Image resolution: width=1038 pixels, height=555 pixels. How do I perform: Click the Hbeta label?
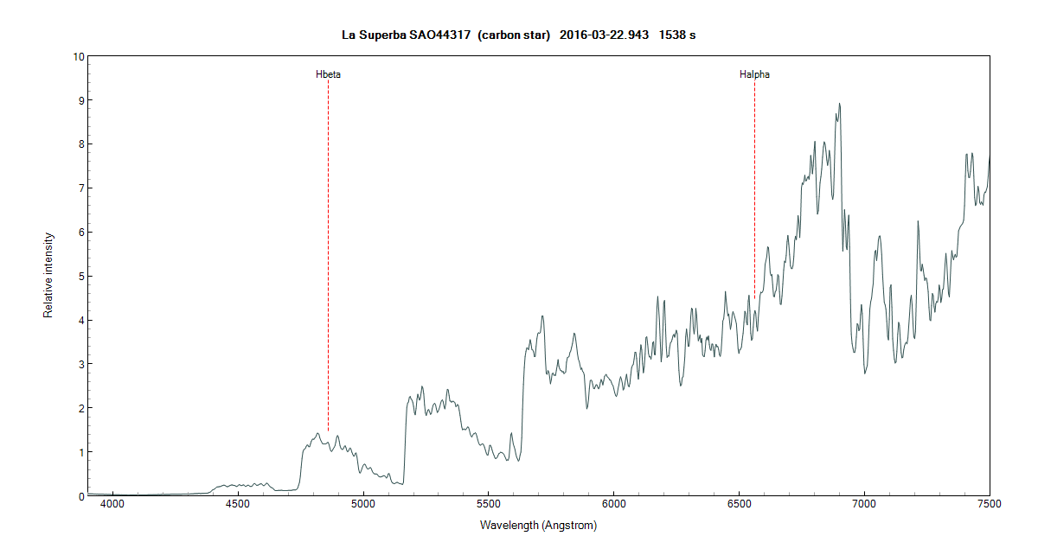coord(328,74)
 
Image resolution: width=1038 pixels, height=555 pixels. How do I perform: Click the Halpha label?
coord(754,74)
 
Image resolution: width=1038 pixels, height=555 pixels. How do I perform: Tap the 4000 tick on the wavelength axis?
coord(112,502)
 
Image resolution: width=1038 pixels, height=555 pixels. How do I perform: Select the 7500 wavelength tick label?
coord(989,502)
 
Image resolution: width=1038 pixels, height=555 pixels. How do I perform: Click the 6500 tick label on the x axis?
coord(739,502)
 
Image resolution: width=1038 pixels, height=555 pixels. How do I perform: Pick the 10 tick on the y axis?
coord(79,57)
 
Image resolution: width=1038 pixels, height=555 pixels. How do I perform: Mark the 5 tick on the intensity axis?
coord(81,277)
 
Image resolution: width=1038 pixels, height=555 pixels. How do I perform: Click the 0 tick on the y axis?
coord(81,496)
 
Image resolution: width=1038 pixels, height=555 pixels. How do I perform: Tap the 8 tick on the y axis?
coord(81,144)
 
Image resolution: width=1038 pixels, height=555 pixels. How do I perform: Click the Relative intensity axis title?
coord(49,275)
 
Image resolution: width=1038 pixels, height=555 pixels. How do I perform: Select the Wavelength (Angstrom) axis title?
coord(538,525)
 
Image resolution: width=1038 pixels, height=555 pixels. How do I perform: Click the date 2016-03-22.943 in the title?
coord(604,35)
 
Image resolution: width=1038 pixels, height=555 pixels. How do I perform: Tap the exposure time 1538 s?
coord(677,35)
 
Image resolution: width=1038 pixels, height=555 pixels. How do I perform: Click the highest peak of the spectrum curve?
coord(839,104)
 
